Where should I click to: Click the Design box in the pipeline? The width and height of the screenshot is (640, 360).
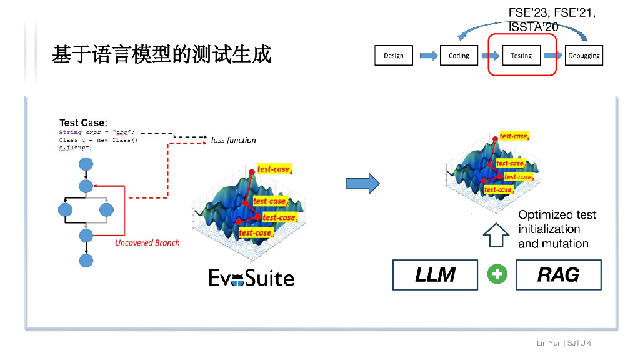(394, 55)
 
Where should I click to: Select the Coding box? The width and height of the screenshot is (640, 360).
(459, 55)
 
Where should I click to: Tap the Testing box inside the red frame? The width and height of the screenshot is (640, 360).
(521, 55)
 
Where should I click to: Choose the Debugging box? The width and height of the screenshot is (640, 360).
(584, 55)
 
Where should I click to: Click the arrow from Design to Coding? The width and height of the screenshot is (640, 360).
(428, 56)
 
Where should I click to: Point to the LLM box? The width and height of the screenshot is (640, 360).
(435, 275)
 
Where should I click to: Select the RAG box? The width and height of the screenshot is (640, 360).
(558, 275)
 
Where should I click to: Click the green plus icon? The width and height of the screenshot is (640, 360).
(497, 275)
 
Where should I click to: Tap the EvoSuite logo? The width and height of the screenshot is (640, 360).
(251, 277)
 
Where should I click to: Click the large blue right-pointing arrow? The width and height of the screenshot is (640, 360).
(362, 183)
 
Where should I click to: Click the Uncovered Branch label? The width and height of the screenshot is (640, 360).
(147, 242)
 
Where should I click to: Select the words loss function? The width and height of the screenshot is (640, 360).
(233, 140)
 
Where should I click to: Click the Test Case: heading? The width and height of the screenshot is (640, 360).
(83, 122)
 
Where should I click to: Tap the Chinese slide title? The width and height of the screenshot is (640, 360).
(162, 55)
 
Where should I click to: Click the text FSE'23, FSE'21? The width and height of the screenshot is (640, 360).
(552, 14)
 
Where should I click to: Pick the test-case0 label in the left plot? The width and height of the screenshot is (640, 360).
(256, 233)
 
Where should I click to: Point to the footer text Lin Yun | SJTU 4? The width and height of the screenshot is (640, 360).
(564, 343)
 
